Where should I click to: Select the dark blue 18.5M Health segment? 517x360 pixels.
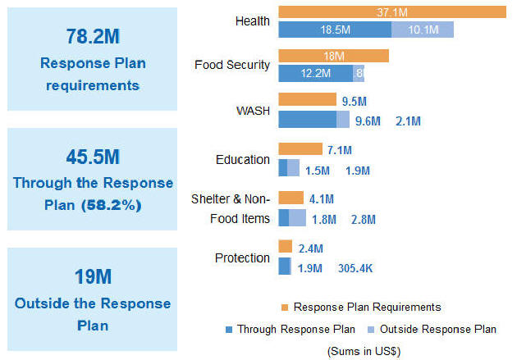click(335, 30)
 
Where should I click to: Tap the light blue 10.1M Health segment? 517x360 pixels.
click(422, 30)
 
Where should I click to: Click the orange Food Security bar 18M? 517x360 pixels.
click(333, 56)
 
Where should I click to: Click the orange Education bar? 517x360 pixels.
click(300, 149)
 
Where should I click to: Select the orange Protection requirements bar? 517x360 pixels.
click(286, 247)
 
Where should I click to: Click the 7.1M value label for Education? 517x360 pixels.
click(339, 150)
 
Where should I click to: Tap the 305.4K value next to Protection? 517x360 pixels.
click(355, 267)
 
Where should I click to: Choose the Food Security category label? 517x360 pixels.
click(232, 64)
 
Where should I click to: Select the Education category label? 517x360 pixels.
click(242, 159)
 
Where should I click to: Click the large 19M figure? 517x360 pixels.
click(92, 276)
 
